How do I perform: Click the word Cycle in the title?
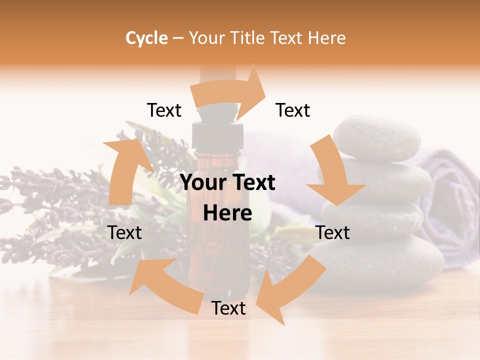[146, 38]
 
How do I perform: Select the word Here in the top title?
[325, 38]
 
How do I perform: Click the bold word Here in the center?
[227, 213]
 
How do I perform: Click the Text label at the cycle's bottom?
[228, 308]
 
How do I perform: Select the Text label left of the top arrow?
[164, 110]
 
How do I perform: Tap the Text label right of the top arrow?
[293, 110]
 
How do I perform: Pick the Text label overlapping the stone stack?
[333, 232]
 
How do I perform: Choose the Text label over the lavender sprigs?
[125, 232]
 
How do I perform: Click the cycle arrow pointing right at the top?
[230, 92]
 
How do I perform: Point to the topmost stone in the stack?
[377, 136]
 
